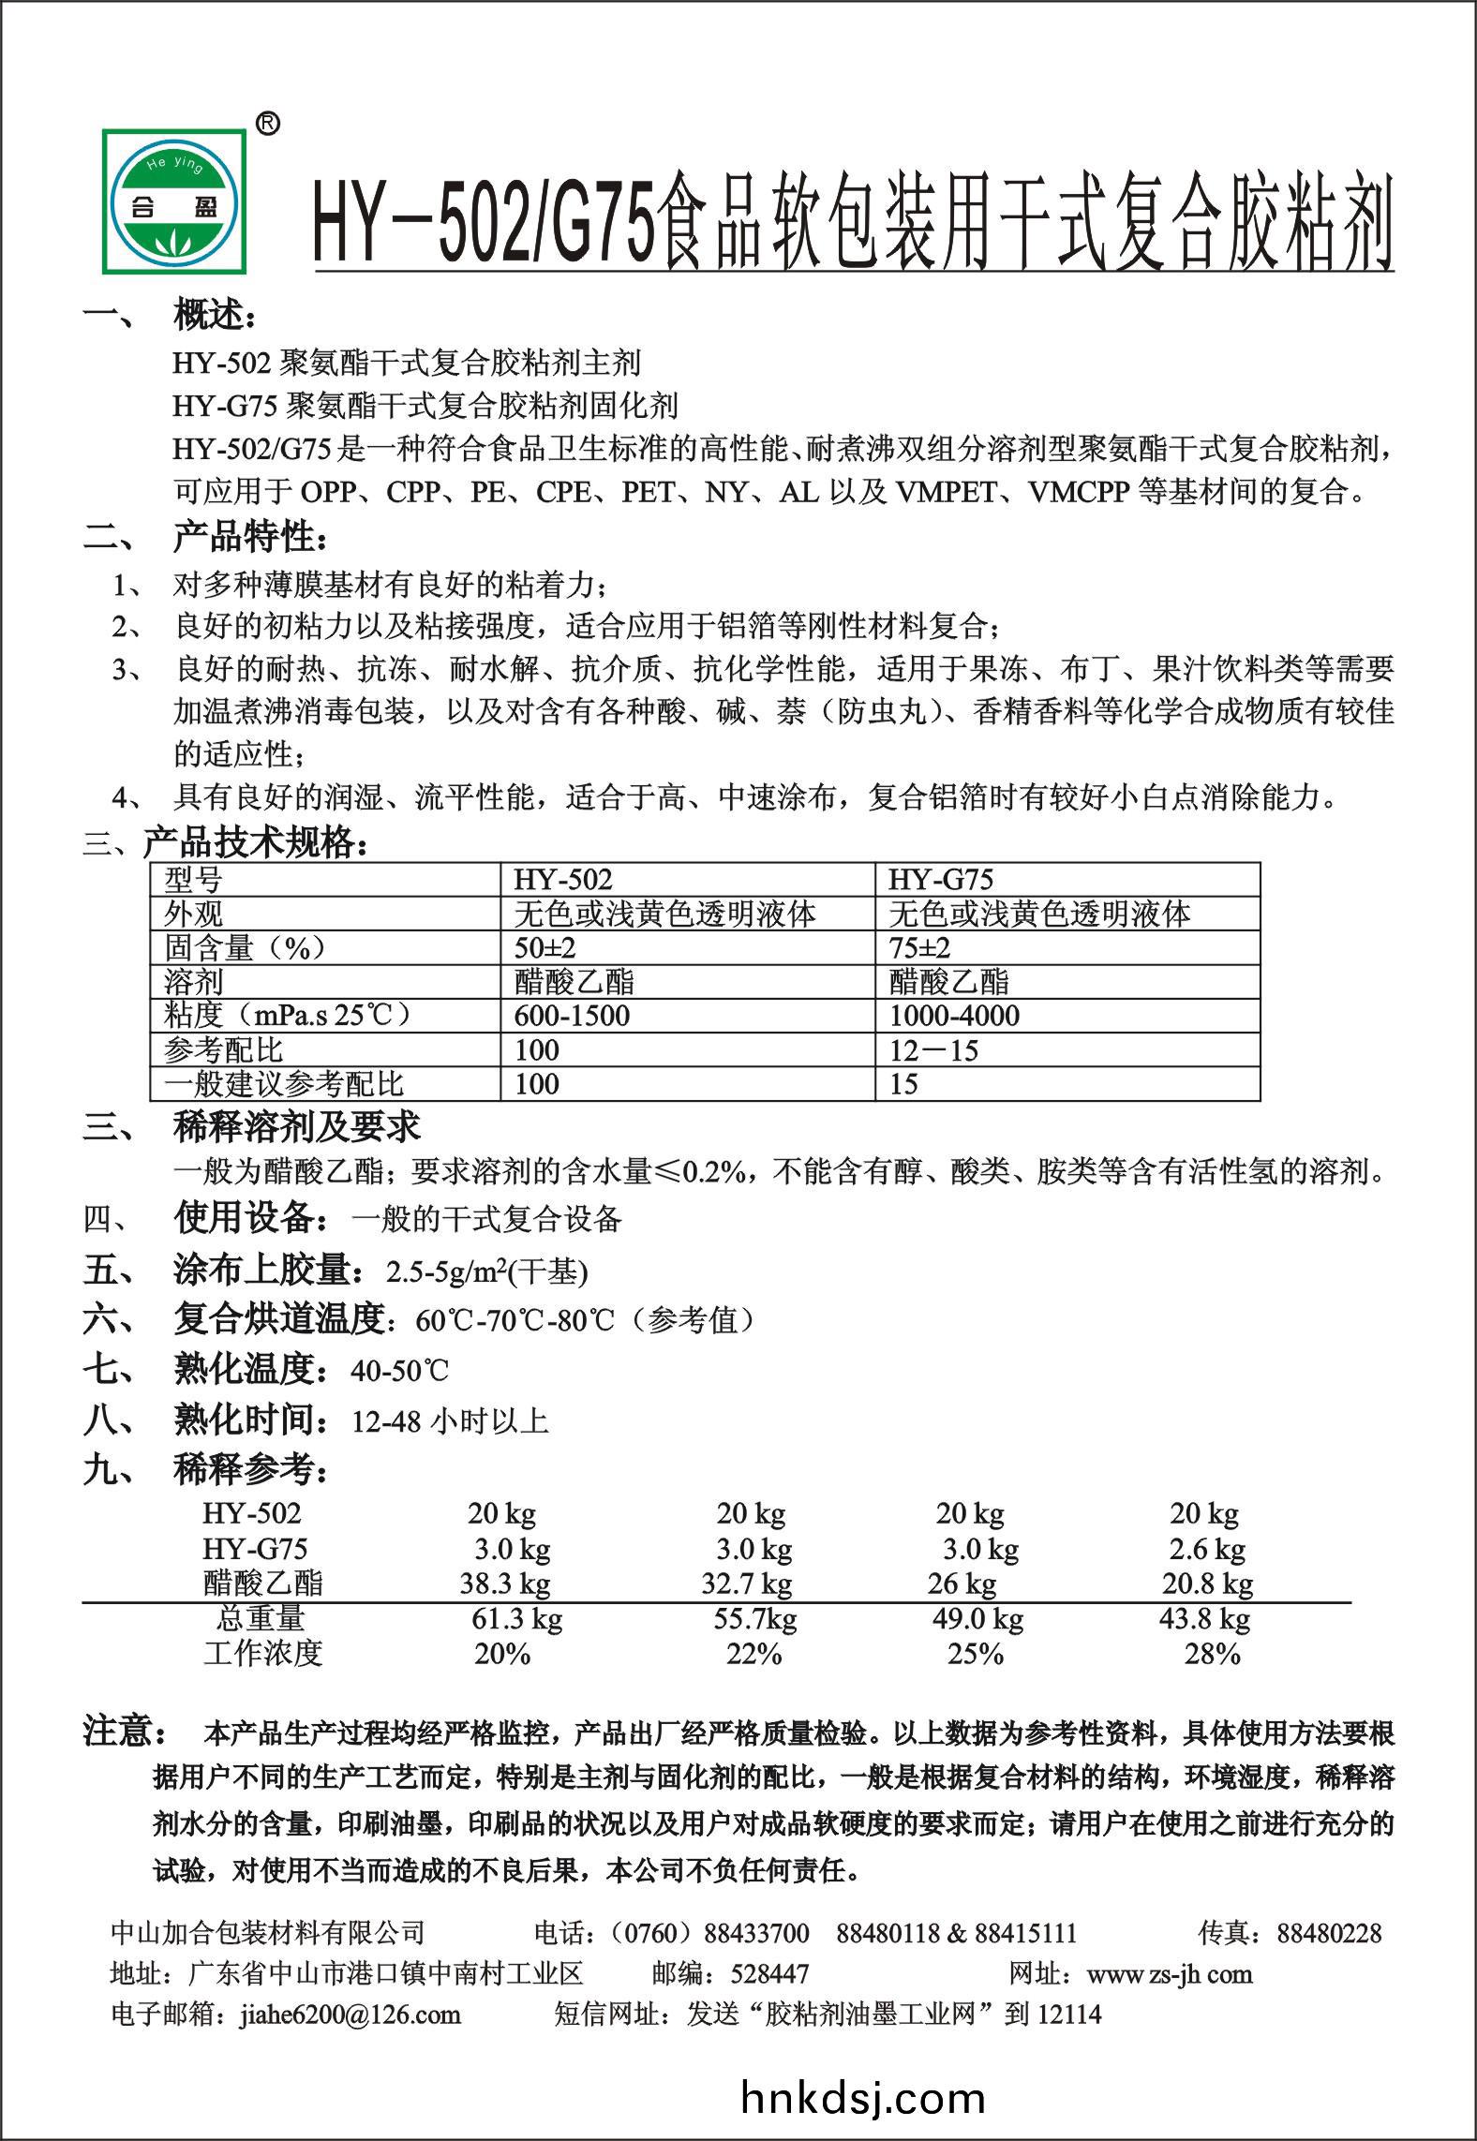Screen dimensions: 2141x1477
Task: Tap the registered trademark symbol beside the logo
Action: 267,125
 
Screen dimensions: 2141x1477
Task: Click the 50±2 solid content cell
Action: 545,947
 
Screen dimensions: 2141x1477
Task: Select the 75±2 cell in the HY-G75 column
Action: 919,947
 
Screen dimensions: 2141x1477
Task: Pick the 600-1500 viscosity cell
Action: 572,1016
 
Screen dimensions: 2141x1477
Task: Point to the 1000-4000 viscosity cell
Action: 954,1016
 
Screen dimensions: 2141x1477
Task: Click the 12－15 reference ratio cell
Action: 933,1050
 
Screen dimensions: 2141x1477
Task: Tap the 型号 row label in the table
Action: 193,880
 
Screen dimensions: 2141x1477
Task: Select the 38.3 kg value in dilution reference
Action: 504,1583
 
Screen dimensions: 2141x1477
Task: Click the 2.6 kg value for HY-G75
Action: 1207,1549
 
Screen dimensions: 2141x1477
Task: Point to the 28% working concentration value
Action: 1212,1654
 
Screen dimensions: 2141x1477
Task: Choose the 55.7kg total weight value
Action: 754,1618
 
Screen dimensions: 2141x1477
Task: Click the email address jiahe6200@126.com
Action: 350,2013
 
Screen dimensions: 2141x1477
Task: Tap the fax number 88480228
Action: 1329,1932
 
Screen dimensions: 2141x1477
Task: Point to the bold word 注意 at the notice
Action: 124,1732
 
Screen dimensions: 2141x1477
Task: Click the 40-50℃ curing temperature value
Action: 400,1372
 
